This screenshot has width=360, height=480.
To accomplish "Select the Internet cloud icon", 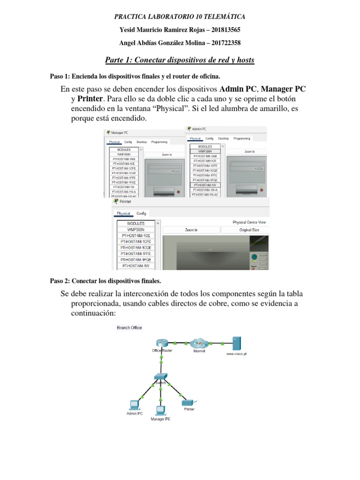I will pos(199,343).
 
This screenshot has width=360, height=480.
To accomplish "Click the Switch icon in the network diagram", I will pos(161,377).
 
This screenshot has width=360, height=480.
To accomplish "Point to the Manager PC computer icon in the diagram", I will pos(160,410).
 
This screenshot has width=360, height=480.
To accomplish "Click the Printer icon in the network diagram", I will pos(187,402).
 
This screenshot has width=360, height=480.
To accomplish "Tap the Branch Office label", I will pos(129,328).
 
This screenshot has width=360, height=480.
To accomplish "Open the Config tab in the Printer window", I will pos(141,213).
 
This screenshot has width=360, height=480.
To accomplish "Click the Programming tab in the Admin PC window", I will pos(241,139).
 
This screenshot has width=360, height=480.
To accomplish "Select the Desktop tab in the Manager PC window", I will pos(142,142).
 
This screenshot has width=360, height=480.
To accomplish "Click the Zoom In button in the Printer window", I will pos(191,230).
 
